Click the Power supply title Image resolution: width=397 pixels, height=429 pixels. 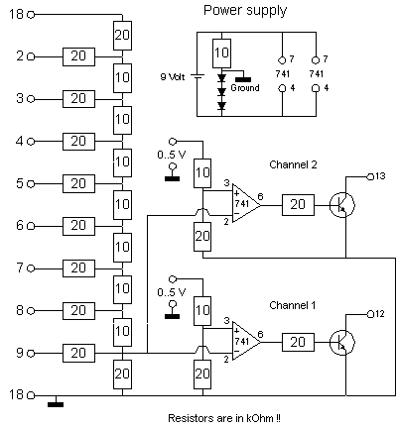pyautogui.click(x=245, y=11)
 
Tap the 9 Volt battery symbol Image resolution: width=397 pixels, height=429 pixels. pyautogui.click(x=197, y=76)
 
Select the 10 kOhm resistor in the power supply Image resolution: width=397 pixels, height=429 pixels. pyautogui.click(x=221, y=54)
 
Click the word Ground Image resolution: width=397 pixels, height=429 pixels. pyautogui.click(x=245, y=88)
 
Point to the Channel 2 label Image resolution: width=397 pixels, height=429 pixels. pyautogui.click(x=293, y=164)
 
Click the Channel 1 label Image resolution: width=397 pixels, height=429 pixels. pyautogui.click(x=293, y=305)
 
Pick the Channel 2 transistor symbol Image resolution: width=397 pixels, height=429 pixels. pyautogui.click(x=342, y=205)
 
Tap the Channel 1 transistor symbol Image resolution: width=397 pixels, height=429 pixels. pyautogui.click(x=342, y=343)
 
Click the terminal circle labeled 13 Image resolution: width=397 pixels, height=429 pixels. pyautogui.click(x=370, y=176)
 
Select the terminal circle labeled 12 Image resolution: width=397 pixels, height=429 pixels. pyautogui.click(x=370, y=314)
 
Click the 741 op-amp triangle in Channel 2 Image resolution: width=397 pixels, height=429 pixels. pyautogui.click(x=246, y=203)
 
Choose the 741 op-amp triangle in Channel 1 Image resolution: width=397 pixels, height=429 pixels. pyautogui.click(x=246, y=341)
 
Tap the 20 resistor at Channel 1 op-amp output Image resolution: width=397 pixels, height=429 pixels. pyautogui.click(x=298, y=342)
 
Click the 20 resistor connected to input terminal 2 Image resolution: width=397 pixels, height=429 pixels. pyautogui.click(x=78, y=56)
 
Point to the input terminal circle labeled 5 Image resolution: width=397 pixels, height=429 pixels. pyautogui.click(x=31, y=184)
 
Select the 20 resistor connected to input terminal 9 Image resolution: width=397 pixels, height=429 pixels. pyautogui.click(x=78, y=353)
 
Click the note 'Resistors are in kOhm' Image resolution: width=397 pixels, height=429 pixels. pyautogui.click(x=224, y=418)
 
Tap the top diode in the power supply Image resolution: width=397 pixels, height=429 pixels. pyautogui.click(x=221, y=78)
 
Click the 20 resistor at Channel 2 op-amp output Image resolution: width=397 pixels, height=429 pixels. pyautogui.click(x=298, y=205)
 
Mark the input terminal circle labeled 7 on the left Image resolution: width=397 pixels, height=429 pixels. pyautogui.click(x=31, y=268)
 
